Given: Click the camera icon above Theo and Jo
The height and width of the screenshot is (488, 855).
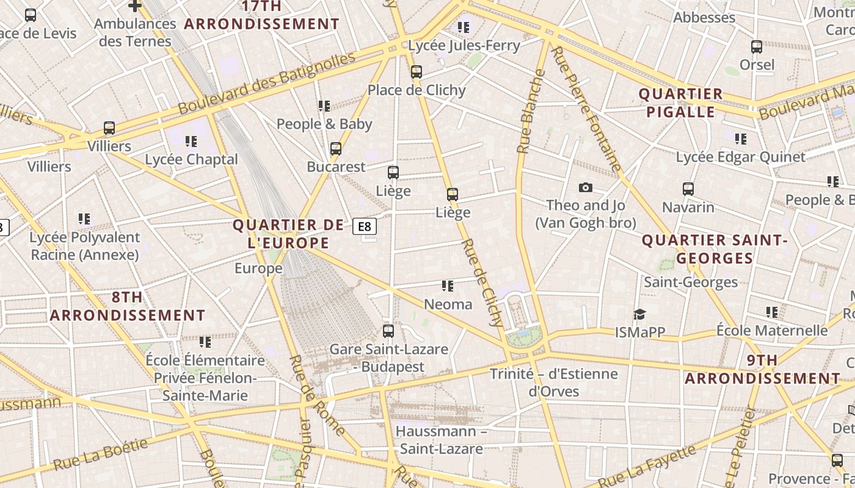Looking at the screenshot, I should coord(585,187).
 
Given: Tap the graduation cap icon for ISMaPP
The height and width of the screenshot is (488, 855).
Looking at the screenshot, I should coord(639,314).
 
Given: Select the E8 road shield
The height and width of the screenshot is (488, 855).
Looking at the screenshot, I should coord(364,227).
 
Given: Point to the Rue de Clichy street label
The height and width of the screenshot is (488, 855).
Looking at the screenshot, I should coord(482,278).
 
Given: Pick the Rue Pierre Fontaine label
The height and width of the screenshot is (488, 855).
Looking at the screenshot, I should coord(586,109).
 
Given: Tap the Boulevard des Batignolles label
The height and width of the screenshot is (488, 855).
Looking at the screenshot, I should coord(266,84).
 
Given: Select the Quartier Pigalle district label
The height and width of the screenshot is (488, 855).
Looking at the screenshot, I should coord(680,103).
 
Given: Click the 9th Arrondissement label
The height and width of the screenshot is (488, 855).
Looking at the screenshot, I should coord(762,369).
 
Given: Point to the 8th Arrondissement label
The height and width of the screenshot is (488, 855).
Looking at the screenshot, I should coord(127,306).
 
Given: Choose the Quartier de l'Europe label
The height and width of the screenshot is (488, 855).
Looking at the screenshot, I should coord(288,234).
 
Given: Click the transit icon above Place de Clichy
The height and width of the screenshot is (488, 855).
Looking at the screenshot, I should coord(417,72).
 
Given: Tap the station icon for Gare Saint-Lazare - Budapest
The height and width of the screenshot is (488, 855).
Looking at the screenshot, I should coord(388,331).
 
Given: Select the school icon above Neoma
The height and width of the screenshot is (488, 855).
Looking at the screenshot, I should coord(448,286).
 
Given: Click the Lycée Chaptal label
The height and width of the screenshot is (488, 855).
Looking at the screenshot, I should coord(191,159).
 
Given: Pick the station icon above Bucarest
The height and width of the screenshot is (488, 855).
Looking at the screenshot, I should coord(335,149).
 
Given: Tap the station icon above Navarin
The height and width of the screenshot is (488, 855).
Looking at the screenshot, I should coord(688,189).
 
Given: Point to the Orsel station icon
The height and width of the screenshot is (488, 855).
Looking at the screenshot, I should coord(756,47).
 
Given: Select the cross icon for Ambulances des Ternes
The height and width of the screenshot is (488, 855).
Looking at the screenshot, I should coord(135,6).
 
